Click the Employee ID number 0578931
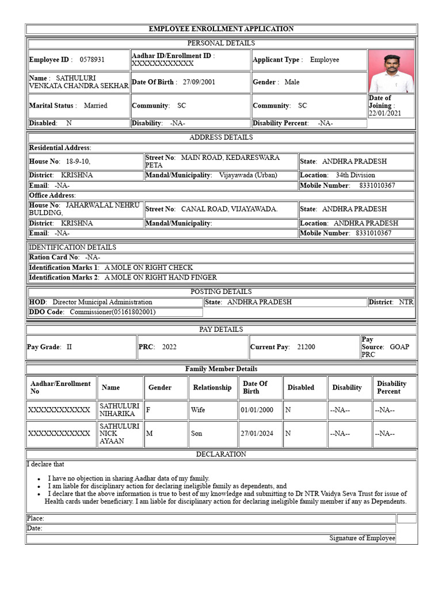[x=92, y=60]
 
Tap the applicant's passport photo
[x=391, y=71]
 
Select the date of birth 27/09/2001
[x=199, y=82]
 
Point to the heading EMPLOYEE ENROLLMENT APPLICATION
[x=221, y=29]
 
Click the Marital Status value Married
[x=96, y=106]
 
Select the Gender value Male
[x=292, y=82]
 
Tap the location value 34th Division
[x=355, y=175]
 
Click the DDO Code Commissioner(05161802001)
[x=113, y=312]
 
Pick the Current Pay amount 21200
[x=306, y=347]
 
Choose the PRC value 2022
[x=170, y=347]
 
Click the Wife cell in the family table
[x=198, y=410]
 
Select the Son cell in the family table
[x=197, y=434]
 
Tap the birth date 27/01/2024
[x=257, y=434]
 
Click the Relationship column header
[x=212, y=388]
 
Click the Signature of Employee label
[x=362, y=538]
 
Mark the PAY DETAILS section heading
[x=221, y=330]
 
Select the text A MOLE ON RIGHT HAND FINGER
[x=161, y=277]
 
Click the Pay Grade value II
[x=70, y=347]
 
